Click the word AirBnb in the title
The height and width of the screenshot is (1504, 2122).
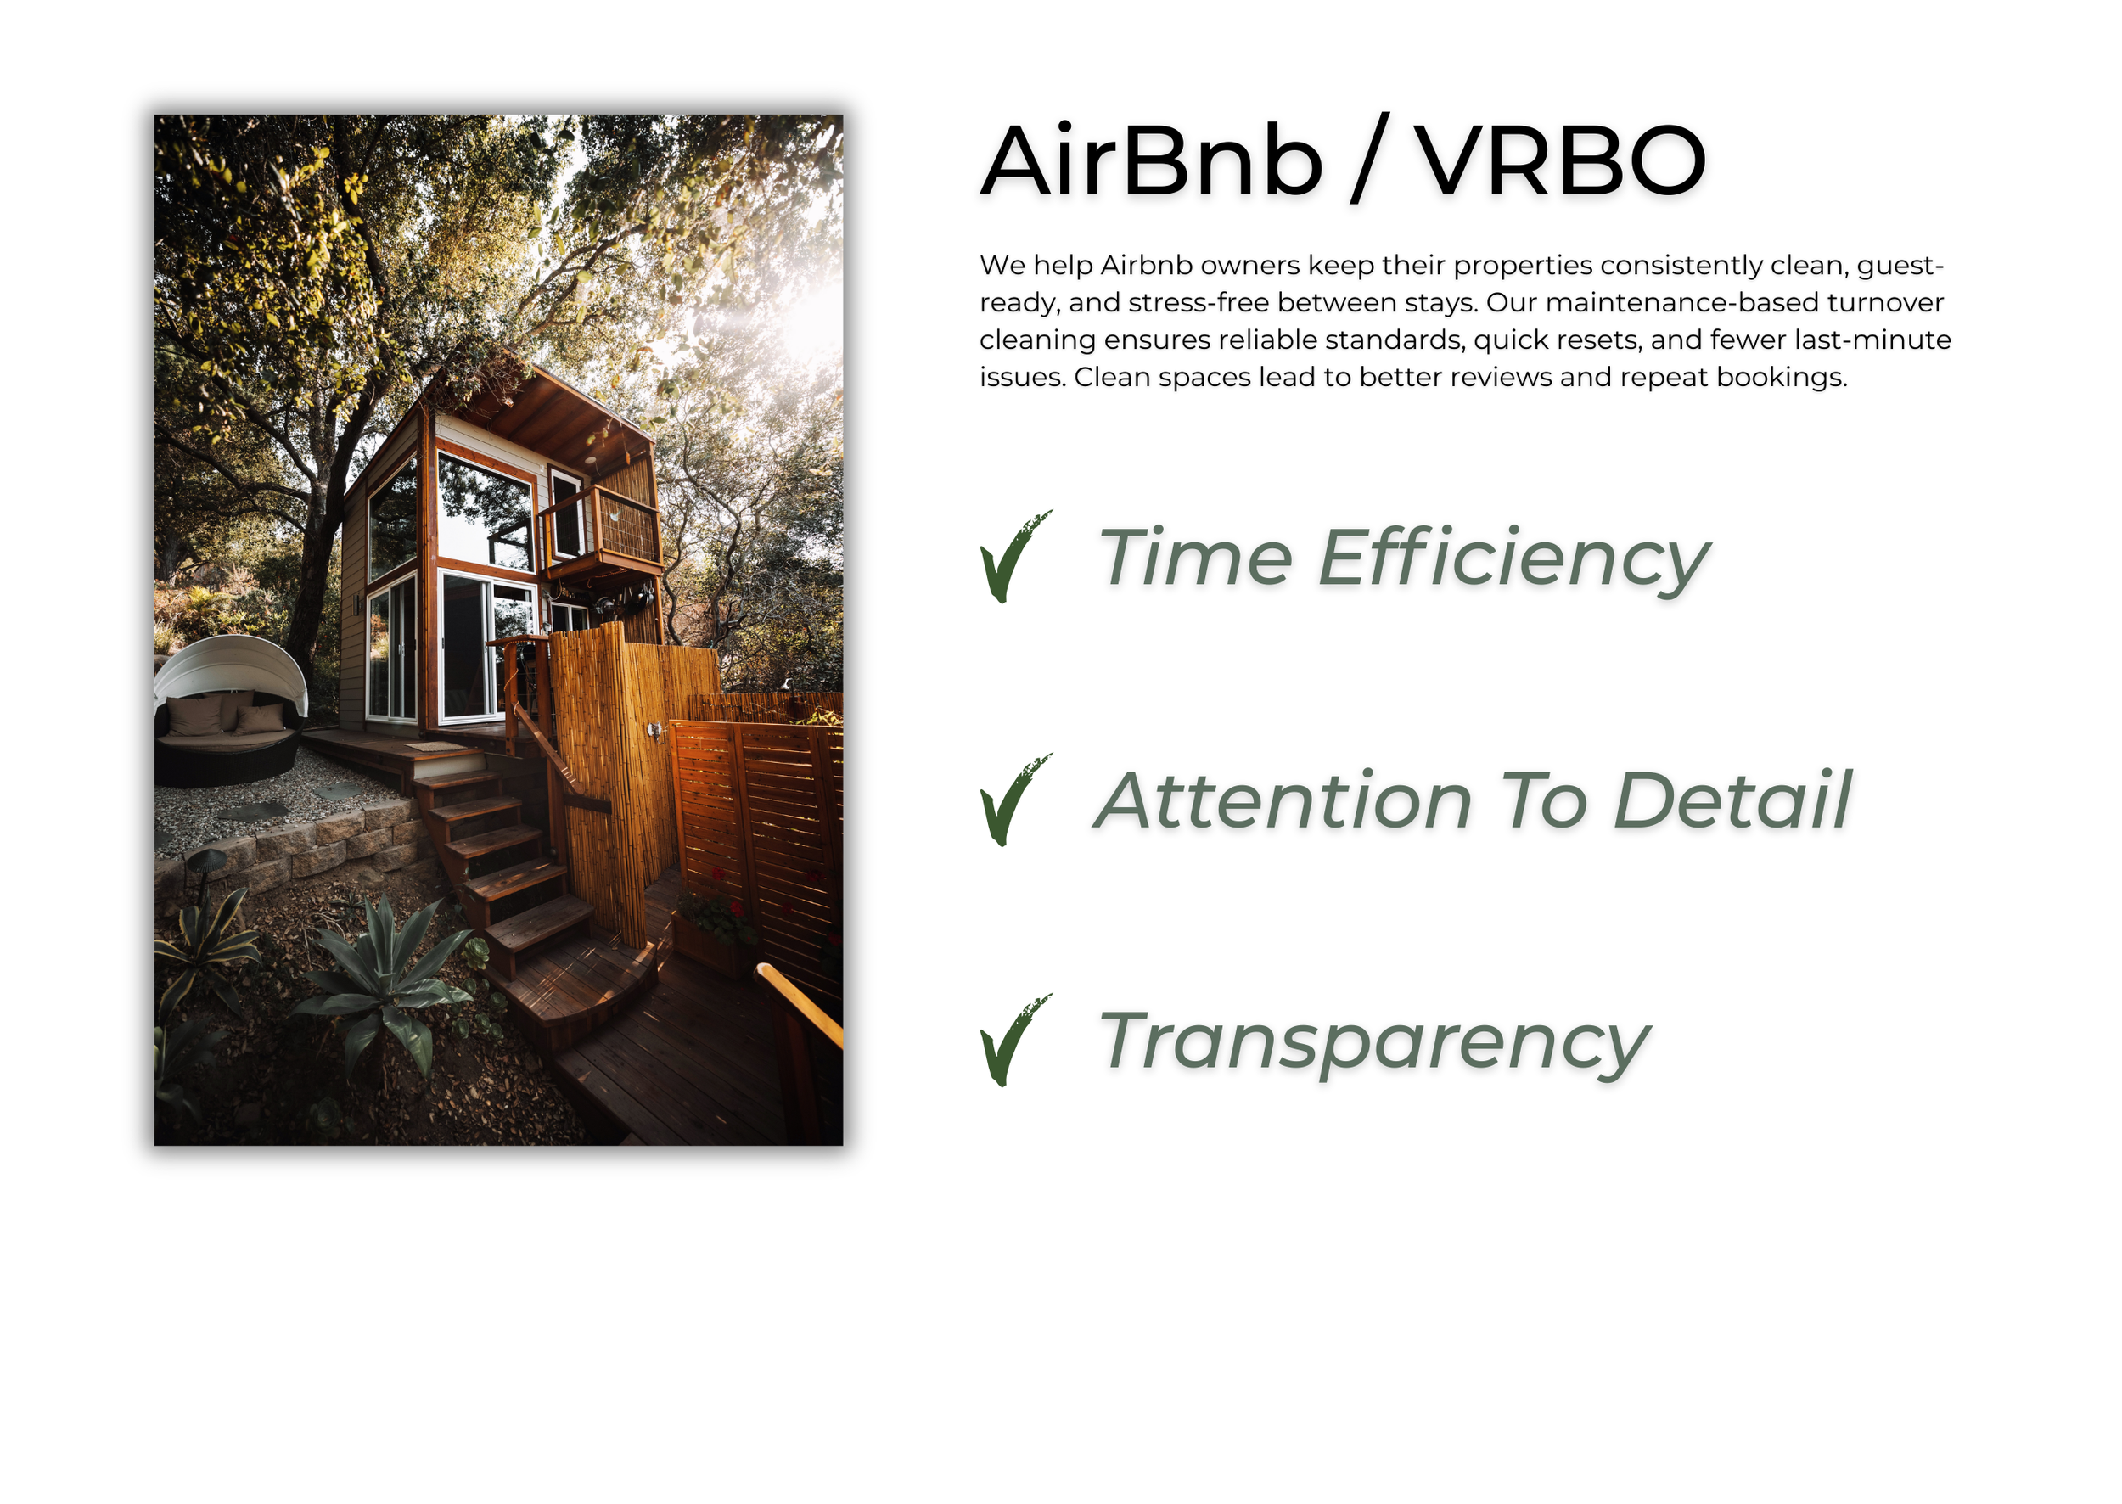point(1151,162)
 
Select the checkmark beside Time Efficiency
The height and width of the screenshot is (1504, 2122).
point(1014,558)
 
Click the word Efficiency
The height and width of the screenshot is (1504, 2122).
point(1513,558)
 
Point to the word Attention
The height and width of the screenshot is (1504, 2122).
point(1283,800)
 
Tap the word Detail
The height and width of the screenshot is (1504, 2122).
point(1732,800)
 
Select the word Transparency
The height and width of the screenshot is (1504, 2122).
point(1373,1043)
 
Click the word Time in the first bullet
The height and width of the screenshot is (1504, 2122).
point(1195,558)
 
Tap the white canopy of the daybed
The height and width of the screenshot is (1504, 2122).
point(235,662)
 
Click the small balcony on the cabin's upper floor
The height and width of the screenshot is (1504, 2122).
point(603,528)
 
